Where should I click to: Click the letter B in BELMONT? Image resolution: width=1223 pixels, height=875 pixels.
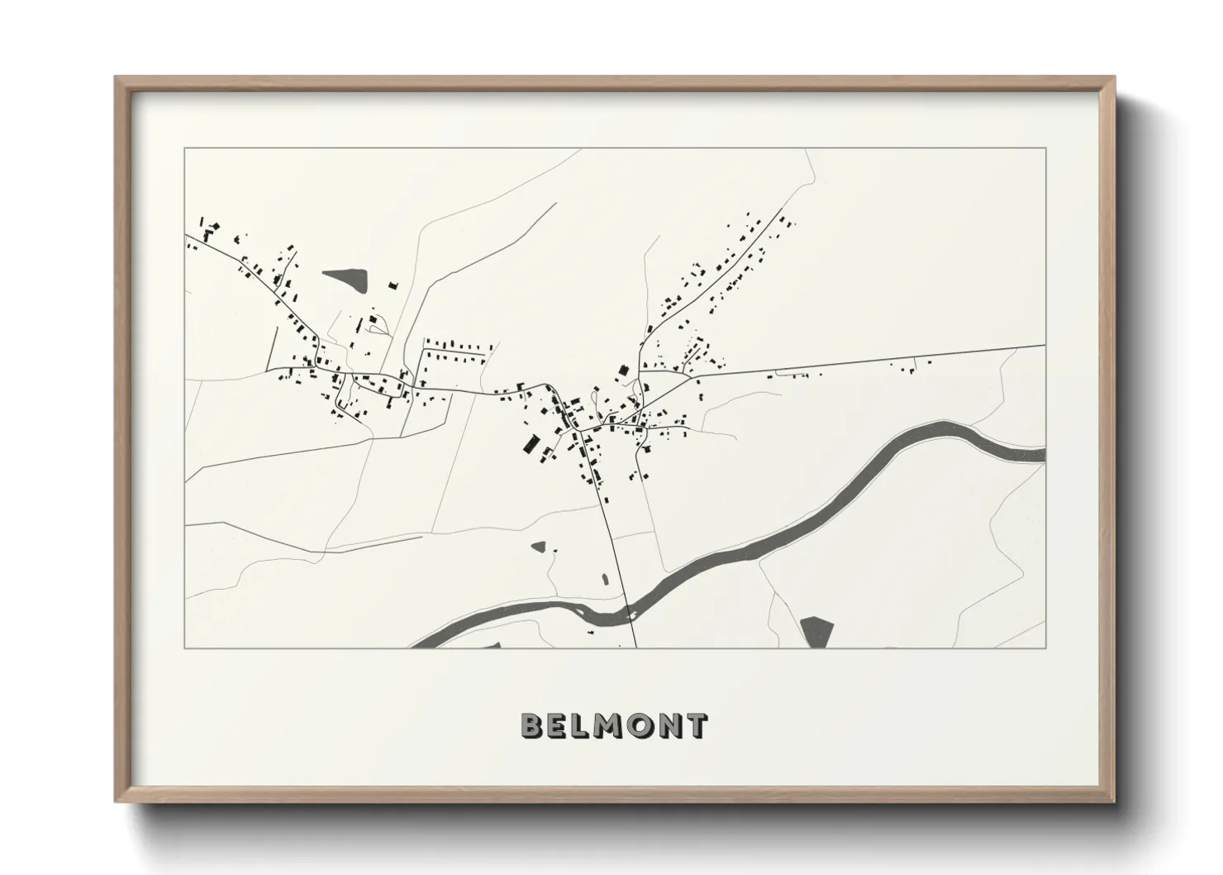click(531, 725)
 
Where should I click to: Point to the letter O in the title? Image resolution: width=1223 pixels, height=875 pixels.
click(645, 725)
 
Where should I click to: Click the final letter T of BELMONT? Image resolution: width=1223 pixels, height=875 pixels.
click(697, 725)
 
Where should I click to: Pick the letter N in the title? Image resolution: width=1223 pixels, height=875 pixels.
click(672, 725)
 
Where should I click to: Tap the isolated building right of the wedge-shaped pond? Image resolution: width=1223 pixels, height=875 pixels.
click(393, 285)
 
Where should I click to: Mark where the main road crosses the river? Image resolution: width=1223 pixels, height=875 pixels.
click(631, 613)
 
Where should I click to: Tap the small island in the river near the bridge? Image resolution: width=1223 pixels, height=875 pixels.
click(585, 612)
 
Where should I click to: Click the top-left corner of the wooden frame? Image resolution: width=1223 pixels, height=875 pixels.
click(117, 78)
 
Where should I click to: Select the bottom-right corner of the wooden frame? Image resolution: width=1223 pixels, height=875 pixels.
click(1112, 801)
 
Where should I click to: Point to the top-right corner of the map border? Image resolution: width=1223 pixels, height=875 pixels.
click(1045, 148)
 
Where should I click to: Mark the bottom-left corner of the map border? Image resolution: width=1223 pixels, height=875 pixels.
click(185, 648)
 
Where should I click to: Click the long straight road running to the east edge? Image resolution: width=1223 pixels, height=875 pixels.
click(868, 361)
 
